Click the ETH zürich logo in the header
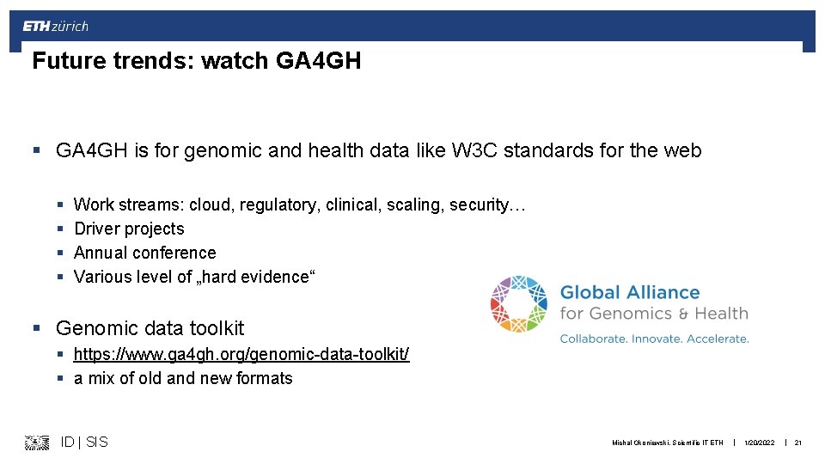[x=55, y=26]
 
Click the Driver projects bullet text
[x=129, y=229]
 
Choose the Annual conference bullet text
[x=144, y=253]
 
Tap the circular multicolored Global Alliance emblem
[x=519, y=304]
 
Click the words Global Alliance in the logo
[x=630, y=292]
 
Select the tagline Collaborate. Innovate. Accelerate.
[x=654, y=339]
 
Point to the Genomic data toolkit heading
[x=150, y=328]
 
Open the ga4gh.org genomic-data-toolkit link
[x=241, y=354]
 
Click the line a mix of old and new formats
[x=183, y=378]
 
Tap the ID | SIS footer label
[x=84, y=442]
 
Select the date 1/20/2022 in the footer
[x=760, y=443]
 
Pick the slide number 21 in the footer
[x=797, y=443]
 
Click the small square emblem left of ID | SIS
[x=37, y=443]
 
